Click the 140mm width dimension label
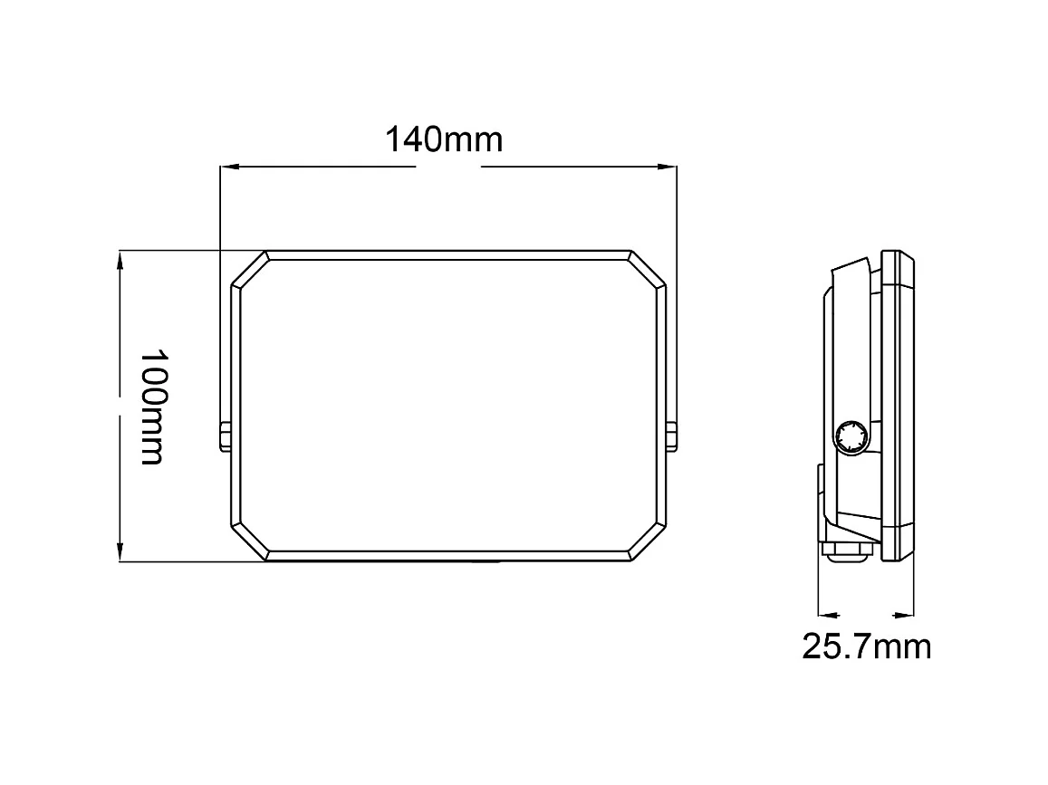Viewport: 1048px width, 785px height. (x=444, y=140)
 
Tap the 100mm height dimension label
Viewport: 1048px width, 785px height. (x=152, y=406)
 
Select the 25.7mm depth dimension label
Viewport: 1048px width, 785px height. (x=866, y=646)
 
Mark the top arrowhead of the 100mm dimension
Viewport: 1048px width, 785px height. (x=120, y=260)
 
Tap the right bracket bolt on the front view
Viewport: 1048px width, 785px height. (x=671, y=436)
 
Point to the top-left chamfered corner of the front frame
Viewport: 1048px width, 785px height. (x=249, y=270)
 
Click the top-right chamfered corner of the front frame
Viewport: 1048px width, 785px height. (x=647, y=270)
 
